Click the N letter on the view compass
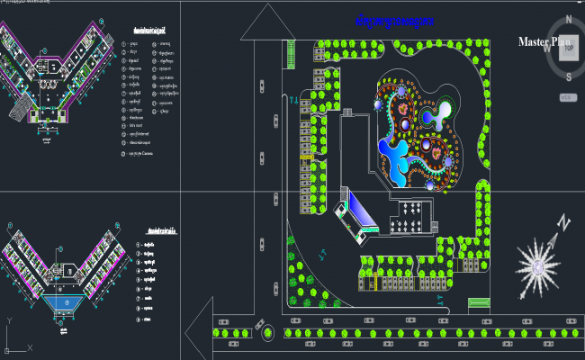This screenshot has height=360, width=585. point(569,17)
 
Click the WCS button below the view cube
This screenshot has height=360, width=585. point(568,95)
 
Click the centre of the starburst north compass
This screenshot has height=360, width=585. point(536,266)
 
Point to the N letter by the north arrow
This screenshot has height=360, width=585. point(562,222)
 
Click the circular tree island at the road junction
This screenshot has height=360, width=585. point(267,334)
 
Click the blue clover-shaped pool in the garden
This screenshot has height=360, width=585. point(397,155)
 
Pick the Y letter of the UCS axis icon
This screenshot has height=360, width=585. point(9,320)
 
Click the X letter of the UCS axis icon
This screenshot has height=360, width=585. point(30,348)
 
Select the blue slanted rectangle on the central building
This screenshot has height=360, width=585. point(364,211)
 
